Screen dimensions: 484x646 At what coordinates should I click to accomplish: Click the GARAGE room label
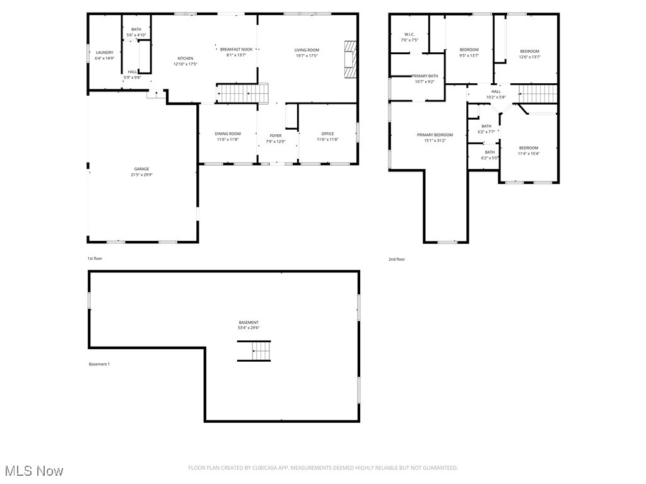(x=141, y=169)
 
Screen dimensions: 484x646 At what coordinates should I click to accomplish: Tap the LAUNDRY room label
(x=105, y=52)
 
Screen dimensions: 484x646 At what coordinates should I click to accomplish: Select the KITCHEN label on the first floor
(x=185, y=59)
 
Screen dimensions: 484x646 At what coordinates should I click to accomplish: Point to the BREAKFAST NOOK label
(x=236, y=49)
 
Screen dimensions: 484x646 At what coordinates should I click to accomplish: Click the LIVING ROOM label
(x=307, y=50)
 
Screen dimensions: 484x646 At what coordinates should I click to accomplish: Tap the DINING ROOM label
(x=228, y=134)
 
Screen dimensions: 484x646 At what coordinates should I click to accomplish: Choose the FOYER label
(x=276, y=135)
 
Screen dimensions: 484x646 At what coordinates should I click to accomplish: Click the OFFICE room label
(x=327, y=134)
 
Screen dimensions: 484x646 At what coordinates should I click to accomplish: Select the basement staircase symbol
(x=254, y=350)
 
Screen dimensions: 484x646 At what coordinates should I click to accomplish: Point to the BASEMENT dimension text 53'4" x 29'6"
(x=249, y=328)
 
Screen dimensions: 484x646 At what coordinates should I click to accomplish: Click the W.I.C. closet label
(x=409, y=35)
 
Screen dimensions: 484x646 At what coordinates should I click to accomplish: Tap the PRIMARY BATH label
(x=425, y=76)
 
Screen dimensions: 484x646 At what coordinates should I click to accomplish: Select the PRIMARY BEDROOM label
(x=435, y=135)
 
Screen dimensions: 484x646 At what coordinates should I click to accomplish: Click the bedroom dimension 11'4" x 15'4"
(x=529, y=153)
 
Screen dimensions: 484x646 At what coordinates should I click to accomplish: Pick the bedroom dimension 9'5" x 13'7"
(x=469, y=55)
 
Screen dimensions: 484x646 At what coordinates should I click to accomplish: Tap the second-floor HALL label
(x=496, y=92)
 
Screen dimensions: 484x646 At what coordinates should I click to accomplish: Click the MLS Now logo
(x=33, y=471)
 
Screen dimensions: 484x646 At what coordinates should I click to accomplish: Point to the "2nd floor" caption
(x=397, y=259)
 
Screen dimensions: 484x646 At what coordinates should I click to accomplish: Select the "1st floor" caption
(x=95, y=258)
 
